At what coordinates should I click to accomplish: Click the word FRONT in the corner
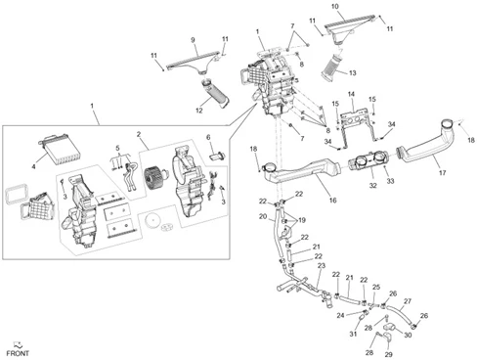18,353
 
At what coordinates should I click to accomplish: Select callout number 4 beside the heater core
33,166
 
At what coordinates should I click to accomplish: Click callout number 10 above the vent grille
335,7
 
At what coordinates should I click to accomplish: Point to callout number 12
199,111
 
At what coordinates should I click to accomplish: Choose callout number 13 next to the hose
353,73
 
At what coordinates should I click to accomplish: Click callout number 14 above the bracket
351,94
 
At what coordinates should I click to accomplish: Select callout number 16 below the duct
332,201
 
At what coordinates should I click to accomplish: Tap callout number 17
442,173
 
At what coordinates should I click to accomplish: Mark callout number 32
372,185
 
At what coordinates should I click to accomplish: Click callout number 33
390,181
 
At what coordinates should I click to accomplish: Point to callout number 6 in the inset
208,138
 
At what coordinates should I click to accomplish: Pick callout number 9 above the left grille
193,40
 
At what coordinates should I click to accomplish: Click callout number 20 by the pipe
263,216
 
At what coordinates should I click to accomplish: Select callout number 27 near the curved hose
408,301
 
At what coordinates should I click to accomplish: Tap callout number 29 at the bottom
389,354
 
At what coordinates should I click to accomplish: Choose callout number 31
354,334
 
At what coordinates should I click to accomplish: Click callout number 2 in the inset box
139,134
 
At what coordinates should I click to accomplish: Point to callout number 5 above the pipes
117,149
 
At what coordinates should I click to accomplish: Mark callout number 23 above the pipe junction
322,266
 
